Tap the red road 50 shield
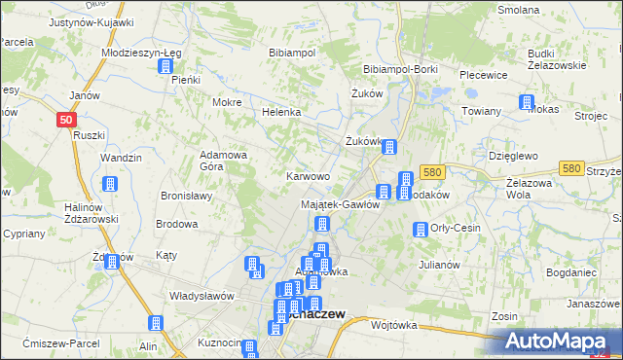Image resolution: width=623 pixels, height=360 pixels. point(65,119)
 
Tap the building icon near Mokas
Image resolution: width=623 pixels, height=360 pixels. point(527,102)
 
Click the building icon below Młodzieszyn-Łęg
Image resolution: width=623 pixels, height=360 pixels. point(165,67)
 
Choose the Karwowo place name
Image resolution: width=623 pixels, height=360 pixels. point(308,176)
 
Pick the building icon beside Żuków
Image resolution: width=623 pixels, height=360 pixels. point(389,148)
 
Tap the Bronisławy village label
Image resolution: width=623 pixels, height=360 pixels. point(186,196)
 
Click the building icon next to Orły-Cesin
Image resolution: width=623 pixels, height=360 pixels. point(420,231)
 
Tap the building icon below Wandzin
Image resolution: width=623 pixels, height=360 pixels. point(109,184)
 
